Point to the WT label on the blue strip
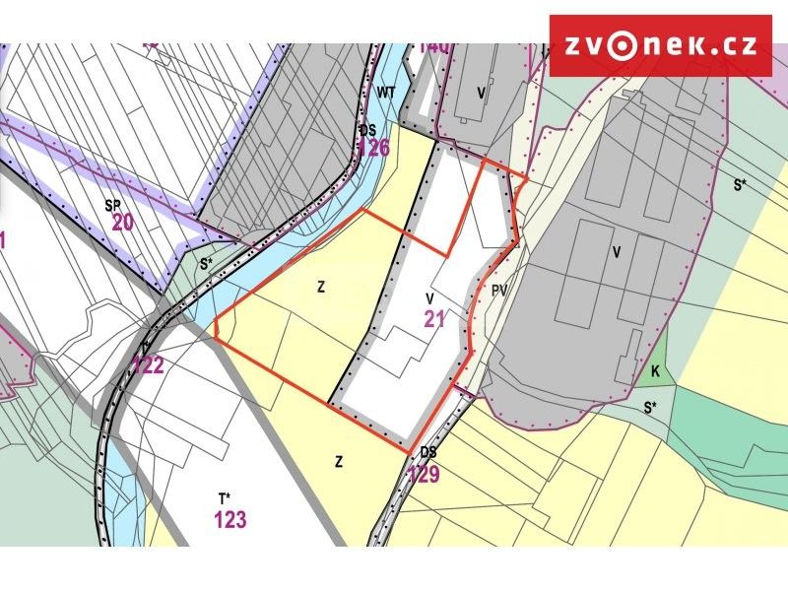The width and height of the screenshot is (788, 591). tap(386, 92)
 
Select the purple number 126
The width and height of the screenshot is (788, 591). tap(373, 149)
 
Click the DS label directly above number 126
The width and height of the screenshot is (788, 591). tap(367, 130)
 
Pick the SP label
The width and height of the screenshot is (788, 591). tap(112, 205)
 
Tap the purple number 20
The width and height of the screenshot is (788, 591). tap(122, 223)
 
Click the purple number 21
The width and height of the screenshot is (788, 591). tap(435, 318)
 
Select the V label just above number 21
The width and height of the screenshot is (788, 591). tap(430, 297)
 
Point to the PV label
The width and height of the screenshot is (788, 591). tap(499, 292)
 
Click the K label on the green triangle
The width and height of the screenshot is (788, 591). tap(655, 371)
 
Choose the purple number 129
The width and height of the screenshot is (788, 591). tap(423, 475)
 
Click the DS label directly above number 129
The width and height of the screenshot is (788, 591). tap(427, 452)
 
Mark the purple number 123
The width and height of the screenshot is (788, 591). tap(230, 520)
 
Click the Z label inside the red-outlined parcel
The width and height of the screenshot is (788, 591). tap(321, 288)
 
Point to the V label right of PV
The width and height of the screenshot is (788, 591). tap(617, 253)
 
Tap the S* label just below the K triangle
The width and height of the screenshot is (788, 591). tap(649, 406)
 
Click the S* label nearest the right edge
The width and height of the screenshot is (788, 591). tap(740, 184)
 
